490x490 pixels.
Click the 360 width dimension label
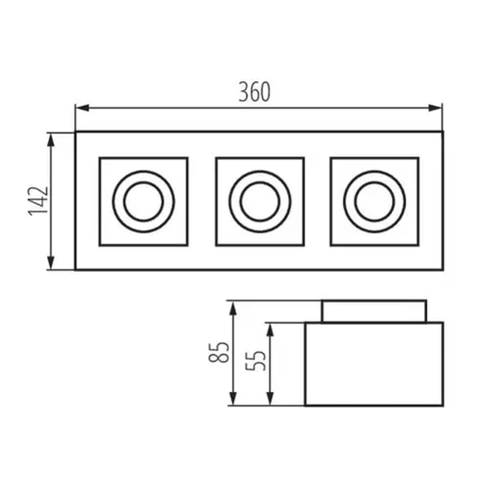tap(254, 92)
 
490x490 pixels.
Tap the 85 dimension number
tap(219, 352)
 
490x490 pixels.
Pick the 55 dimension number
tap(256, 361)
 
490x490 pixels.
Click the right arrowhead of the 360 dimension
tap(435, 108)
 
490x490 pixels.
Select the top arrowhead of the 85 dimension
tap(233, 308)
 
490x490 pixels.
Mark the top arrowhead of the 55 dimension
tap(270, 330)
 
